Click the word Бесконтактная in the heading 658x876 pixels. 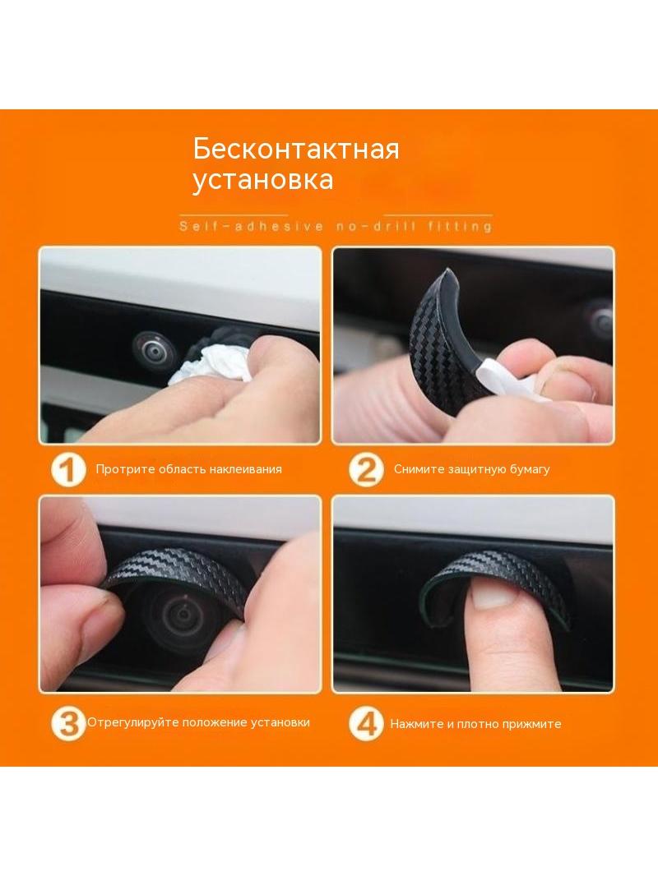(296, 150)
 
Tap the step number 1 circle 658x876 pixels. (68, 469)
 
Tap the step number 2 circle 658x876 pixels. (366, 469)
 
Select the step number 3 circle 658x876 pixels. (68, 723)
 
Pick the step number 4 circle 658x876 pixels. (366, 723)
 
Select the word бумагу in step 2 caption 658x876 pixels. (530, 469)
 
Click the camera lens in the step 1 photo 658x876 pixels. (154, 348)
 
